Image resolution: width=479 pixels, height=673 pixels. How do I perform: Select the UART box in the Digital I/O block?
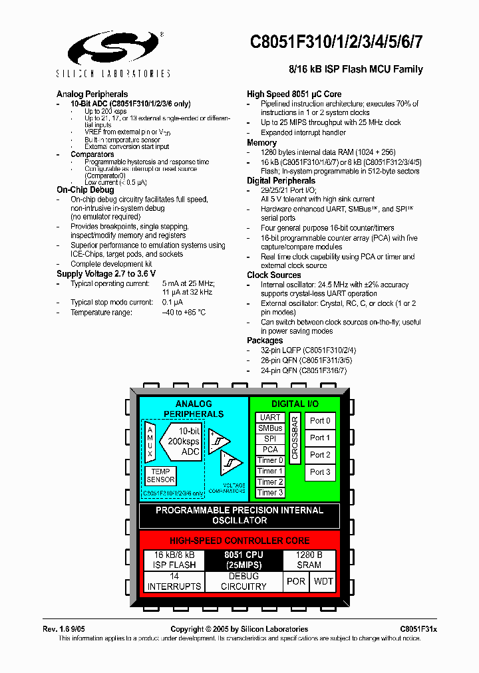pos(270,418)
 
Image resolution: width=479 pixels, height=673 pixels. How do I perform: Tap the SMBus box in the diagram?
pos(270,428)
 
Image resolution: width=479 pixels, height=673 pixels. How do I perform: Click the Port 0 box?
pos(320,421)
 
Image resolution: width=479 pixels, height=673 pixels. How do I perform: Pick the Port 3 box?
pos(320,472)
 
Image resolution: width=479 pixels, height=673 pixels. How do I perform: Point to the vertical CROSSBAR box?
pos(295,438)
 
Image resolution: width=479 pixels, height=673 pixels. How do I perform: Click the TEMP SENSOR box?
pos(160,475)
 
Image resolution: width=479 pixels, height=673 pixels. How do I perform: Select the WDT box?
pos(323,581)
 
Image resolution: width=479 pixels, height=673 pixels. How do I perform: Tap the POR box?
pos(295,581)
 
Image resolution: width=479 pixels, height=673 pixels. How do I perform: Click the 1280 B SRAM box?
pos(309,560)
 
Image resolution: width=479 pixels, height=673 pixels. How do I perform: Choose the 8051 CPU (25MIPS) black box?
pos(243,560)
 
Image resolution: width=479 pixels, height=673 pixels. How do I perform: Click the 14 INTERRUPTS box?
pos(174,581)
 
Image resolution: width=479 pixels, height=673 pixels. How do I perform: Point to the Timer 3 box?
pos(270,493)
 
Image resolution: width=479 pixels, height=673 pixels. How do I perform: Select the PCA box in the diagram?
pos(270,450)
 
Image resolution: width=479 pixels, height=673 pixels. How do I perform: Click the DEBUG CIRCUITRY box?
pos(243,581)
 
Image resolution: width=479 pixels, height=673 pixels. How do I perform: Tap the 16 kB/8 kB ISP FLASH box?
pos(174,560)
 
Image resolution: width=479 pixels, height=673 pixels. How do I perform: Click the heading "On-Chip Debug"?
pos(85,190)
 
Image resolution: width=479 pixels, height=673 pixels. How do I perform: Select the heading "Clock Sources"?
pos(274,275)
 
